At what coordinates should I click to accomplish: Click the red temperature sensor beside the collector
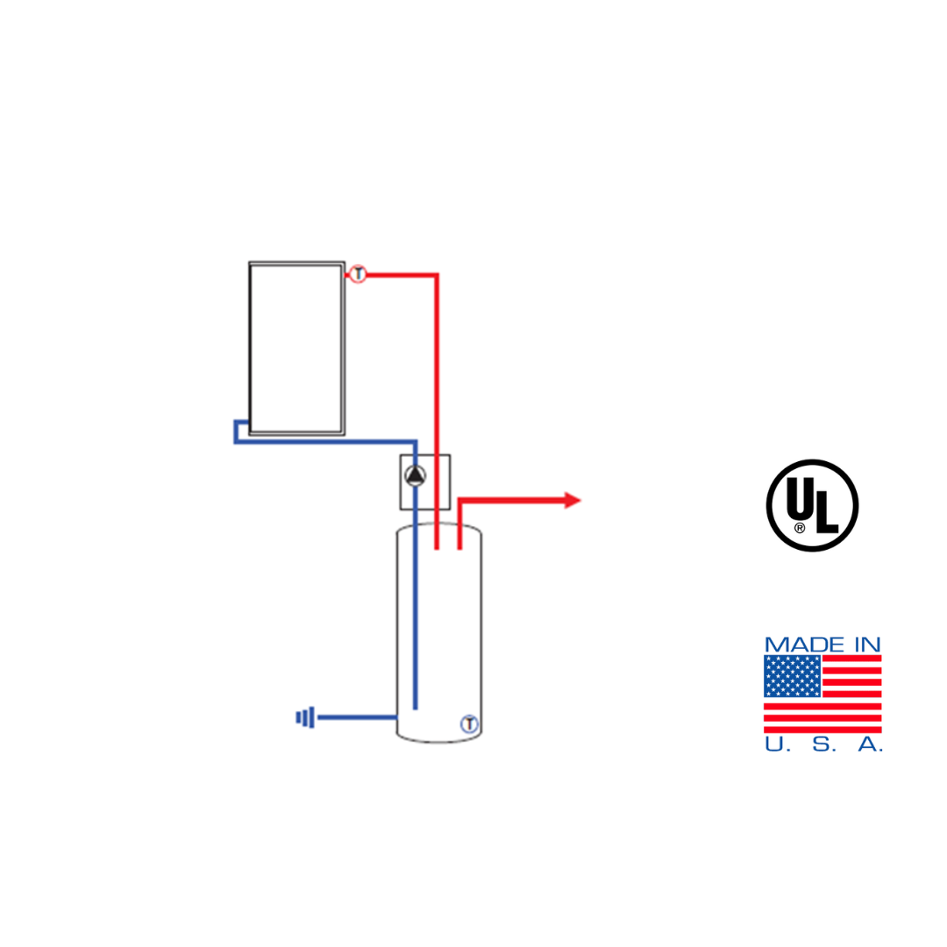pyautogui.click(x=358, y=274)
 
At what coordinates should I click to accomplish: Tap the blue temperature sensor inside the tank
pyautogui.click(x=469, y=723)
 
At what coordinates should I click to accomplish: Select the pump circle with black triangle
pyautogui.click(x=415, y=476)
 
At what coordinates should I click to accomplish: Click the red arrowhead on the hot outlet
pyautogui.click(x=572, y=500)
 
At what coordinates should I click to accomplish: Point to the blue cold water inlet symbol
pyautogui.click(x=305, y=717)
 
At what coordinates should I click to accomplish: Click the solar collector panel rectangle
pyautogui.click(x=296, y=348)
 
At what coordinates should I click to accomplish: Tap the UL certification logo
pyautogui.click(x=812, y=506)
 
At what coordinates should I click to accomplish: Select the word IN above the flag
pyautogui.click(x=867, y=645)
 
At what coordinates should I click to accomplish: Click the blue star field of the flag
pyautogui.click(x=793, y=676)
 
